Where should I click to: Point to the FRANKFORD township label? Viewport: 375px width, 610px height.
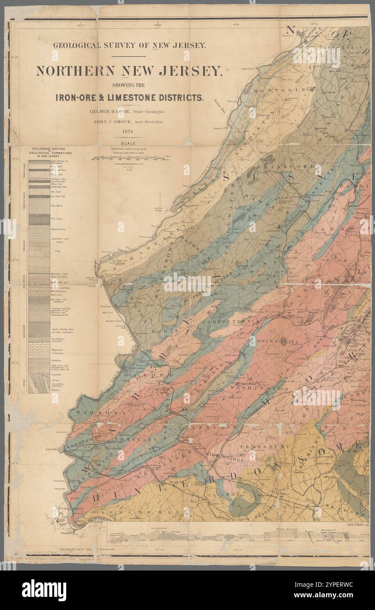coord(286,167)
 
